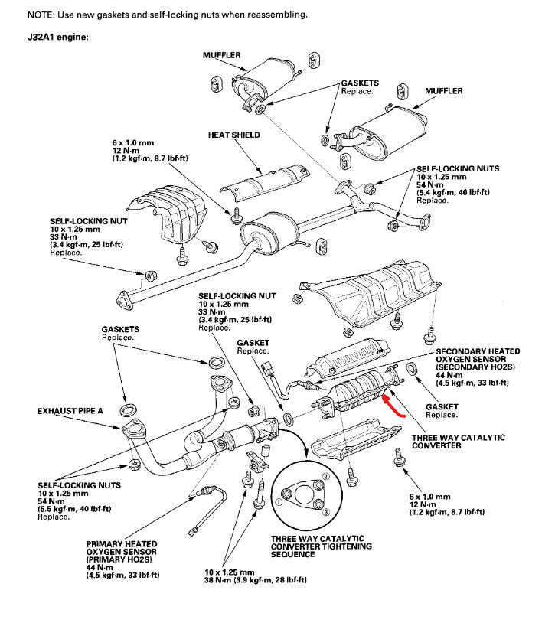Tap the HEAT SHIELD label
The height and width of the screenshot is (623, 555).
233,135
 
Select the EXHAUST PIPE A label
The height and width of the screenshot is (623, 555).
70,412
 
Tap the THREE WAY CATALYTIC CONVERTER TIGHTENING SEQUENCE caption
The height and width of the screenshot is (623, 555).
321,546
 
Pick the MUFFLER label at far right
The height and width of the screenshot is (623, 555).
444,90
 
